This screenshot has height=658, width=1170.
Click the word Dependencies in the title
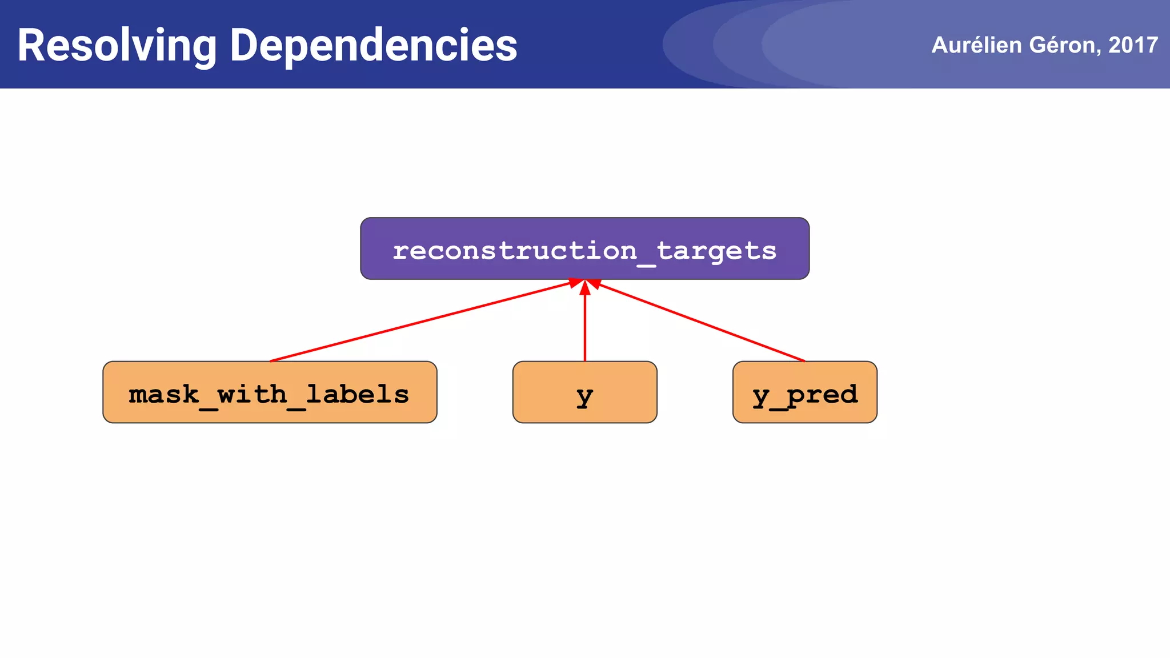pos(374,46)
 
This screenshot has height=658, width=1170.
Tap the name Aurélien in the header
pos(976,45)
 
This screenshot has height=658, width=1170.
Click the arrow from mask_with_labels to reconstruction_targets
pos(420,322)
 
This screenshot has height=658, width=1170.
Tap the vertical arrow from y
pos(584,326)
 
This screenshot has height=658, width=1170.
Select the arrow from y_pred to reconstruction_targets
pos(700,322)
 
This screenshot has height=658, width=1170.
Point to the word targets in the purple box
pos(717,251)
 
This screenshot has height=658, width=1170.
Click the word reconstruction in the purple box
pos(515,251)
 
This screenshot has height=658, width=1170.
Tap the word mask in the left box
pos(164,394)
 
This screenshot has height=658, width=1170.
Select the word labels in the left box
pos(358,394)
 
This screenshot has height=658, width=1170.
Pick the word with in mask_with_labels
pos(252,394)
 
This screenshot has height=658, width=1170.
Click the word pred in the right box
pos(822,394)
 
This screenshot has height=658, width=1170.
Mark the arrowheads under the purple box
pos(584,284)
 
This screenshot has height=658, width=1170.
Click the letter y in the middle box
pos(584,396)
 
